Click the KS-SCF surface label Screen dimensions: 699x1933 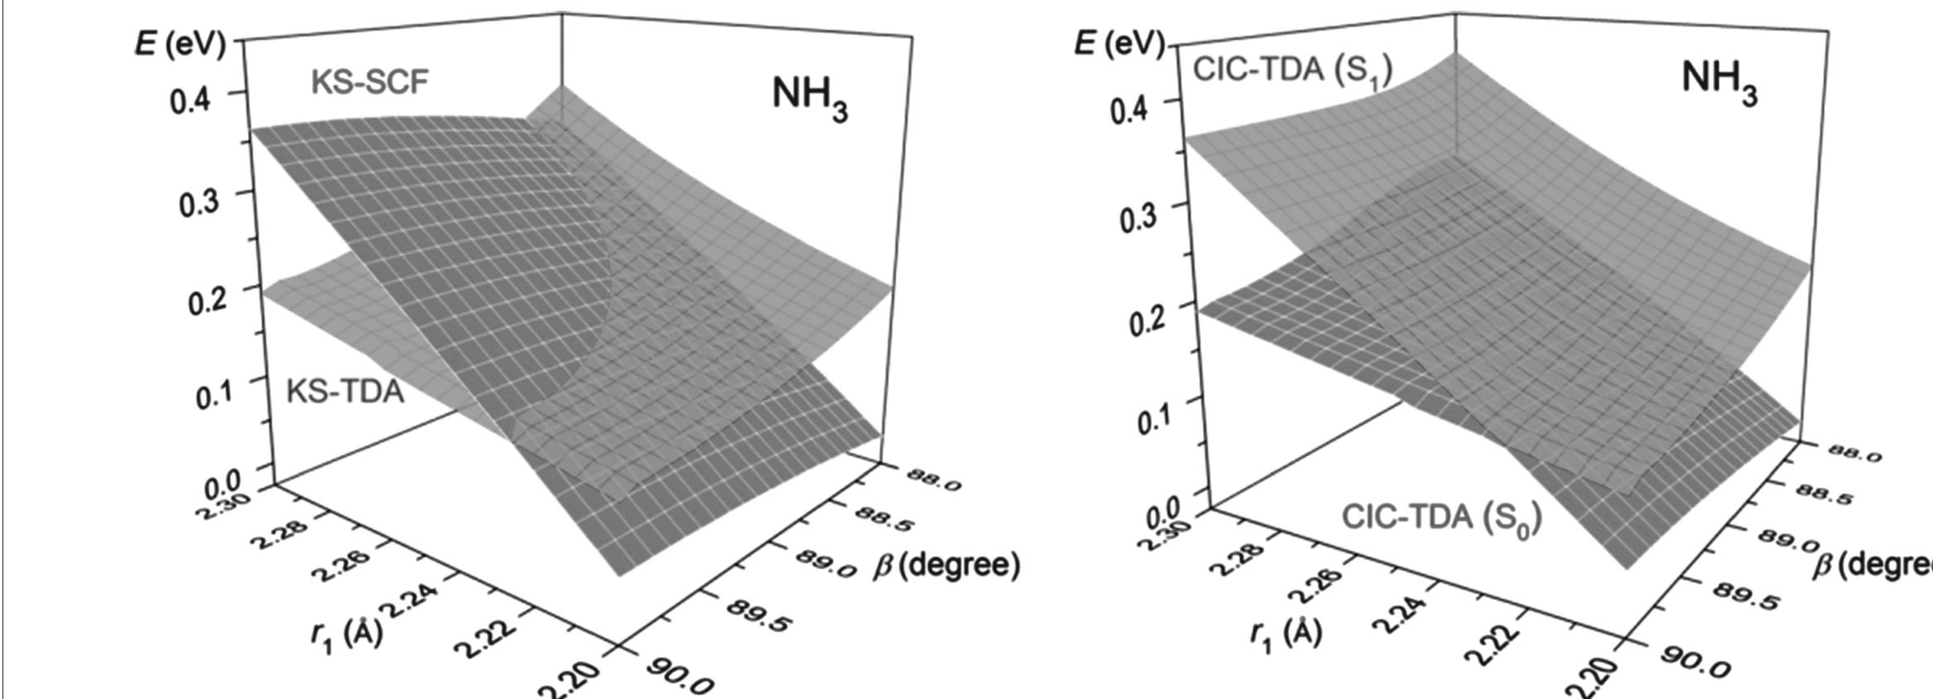(370, 82)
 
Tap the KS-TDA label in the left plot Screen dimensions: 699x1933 (345, 390)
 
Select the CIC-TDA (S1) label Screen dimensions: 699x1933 (1292, 70)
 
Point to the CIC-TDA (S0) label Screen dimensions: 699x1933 (1441, 518)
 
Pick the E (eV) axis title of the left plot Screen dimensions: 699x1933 (180, 43)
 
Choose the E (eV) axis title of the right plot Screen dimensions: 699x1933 (1119, 43)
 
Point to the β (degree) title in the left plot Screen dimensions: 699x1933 (946, 566)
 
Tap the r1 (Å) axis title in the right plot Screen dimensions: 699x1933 (1286, 634)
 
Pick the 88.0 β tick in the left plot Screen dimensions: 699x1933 (933, 480)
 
